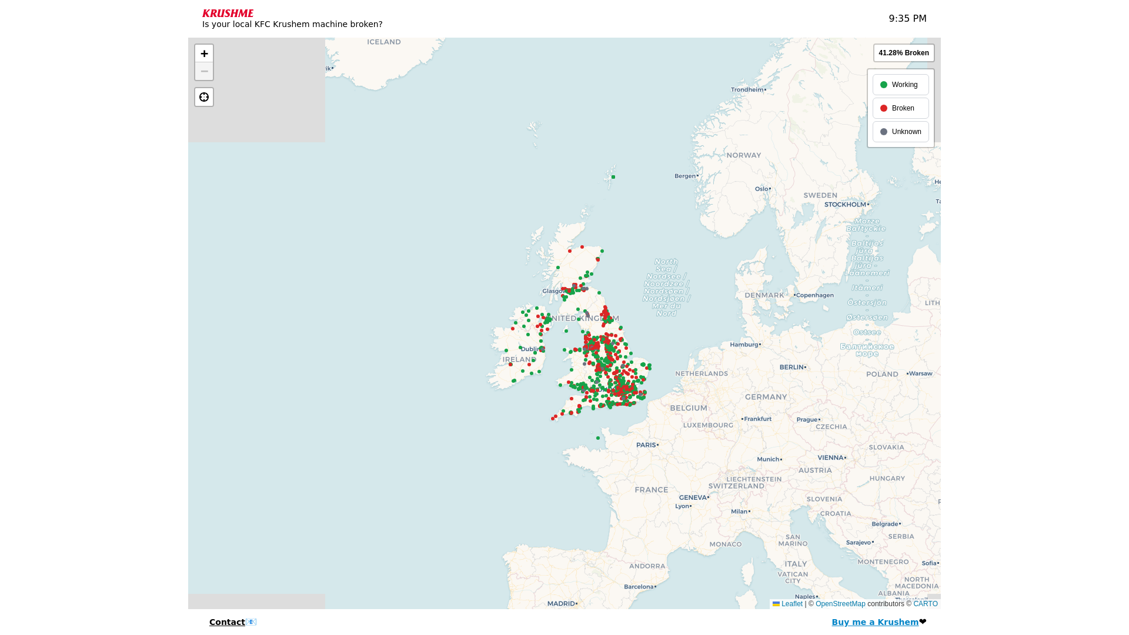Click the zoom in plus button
(204, 54)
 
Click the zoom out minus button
(204, 71)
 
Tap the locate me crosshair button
(204, 97)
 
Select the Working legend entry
(900, 85)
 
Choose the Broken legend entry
(900, 108)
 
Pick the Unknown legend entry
(900, 132)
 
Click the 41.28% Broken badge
(903, 53)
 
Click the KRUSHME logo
(228, 13)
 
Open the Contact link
(227, 622)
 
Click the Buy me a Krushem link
(874, 622)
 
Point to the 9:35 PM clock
(907, 19)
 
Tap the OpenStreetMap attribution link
(840, 604)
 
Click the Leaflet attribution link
(787, 604)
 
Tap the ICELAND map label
(384, 42)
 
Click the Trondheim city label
(747, 89)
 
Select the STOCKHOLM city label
(845, 205)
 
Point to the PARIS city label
(646, 445)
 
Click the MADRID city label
(561, 603)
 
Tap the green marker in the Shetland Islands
(613, 177)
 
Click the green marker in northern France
(598, 438)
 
